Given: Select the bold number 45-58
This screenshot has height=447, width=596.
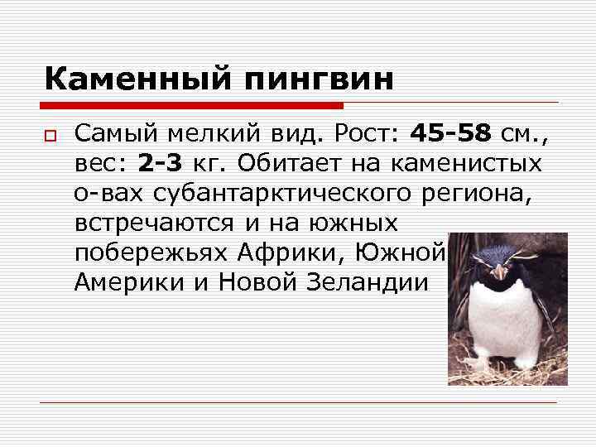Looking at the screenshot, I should coord(451,132).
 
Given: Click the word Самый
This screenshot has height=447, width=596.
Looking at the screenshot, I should coord(114,132).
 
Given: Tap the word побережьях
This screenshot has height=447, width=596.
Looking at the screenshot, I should coord(151,252).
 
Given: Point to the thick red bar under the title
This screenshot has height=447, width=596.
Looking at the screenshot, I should coord(193,106).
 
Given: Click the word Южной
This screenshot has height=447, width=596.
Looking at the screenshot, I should coord(405,252).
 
